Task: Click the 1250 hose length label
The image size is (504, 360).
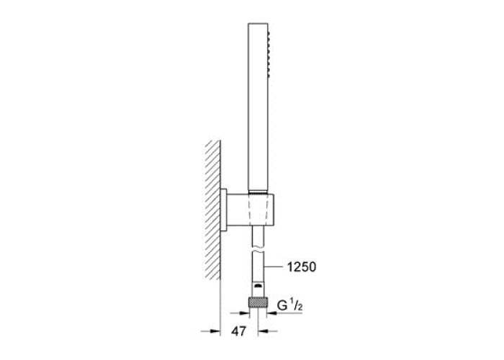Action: [x=301, y=267]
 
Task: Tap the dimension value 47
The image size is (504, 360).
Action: [x=238, y=331]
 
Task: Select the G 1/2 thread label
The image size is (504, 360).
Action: [x=290, y=306]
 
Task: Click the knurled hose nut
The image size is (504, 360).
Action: [x=258, y=303]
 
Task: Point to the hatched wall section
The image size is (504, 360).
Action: [x=213, y=210]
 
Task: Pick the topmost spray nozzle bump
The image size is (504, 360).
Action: [x=269, y=33]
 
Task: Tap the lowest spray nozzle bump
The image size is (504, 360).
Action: [x=269, y=70]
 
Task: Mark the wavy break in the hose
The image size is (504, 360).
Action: [x=258, y=249]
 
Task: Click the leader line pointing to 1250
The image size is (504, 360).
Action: [x=274, y=267]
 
